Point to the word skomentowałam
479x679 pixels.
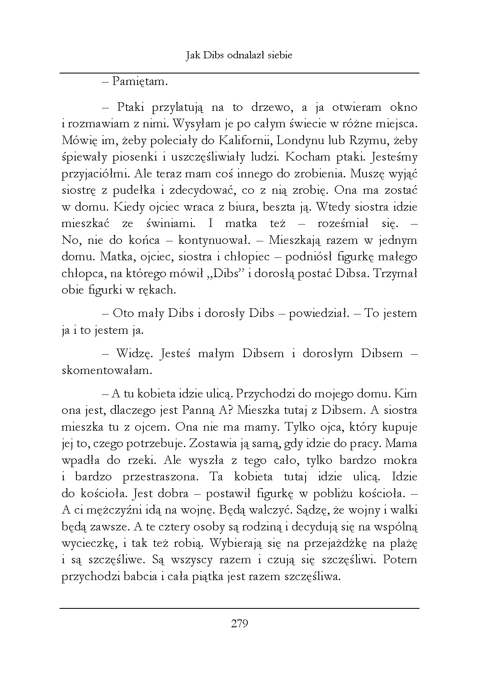107,370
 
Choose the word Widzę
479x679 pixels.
135,353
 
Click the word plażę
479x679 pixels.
404,544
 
